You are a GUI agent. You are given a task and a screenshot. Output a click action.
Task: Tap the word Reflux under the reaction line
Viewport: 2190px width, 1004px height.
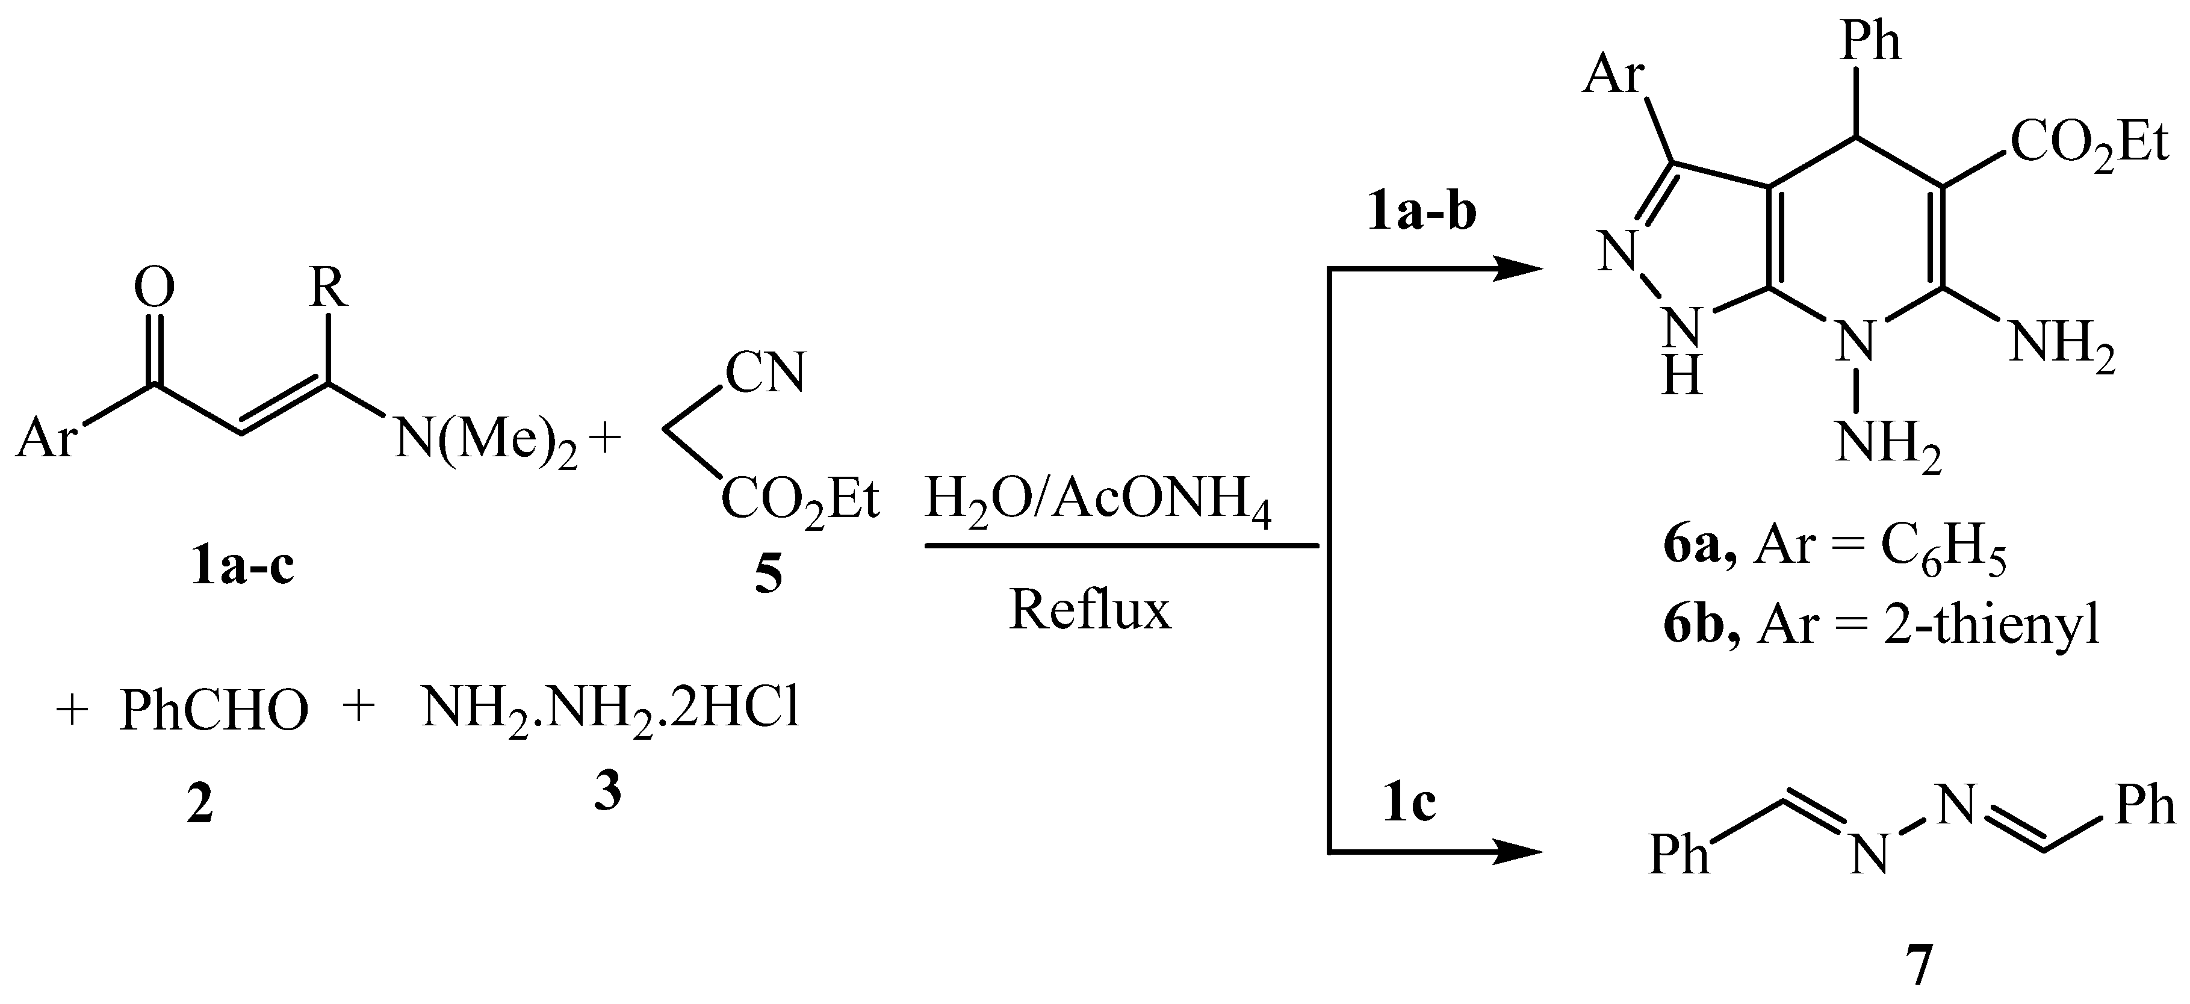pos(1090,610)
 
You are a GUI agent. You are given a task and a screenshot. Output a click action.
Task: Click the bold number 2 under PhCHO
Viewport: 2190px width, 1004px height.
pos(200,804)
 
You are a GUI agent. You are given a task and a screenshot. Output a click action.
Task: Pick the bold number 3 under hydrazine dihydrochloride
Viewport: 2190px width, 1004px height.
pos(607,792)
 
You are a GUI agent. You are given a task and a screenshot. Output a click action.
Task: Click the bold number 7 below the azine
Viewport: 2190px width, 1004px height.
pos(1918,965)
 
